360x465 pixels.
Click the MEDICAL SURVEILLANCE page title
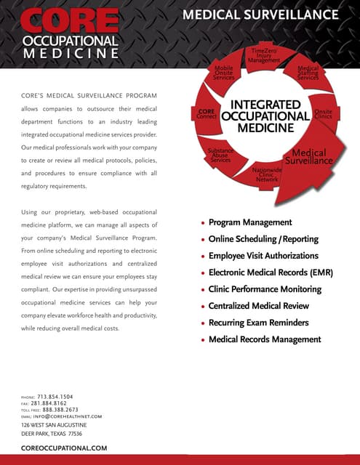pos(260,15)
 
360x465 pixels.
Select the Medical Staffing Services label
pos(308,73)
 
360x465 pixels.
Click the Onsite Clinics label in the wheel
pos(323,115)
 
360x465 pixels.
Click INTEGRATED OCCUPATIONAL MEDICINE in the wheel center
pos(265,116)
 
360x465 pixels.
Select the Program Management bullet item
pos(250,222)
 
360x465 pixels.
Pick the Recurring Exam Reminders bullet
pos(258,323)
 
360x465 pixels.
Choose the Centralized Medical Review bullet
pos(258,306)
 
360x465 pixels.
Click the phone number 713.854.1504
pos(65,397)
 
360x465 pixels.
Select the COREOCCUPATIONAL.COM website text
pos(64,448)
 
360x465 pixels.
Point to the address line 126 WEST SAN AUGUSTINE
pos(54,424)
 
